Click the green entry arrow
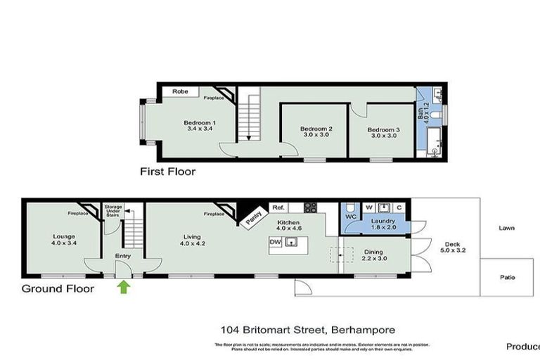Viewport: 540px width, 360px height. pyautogui.click(x=124, y=286)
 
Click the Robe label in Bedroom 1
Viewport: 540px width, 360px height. pyautogui.click(x=181, y=91)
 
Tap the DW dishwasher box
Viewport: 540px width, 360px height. pyautogui.click(x=275, y=242)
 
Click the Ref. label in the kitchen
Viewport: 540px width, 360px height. pyautogui.click(x=278, y=207)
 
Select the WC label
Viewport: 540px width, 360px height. pyautogui.click(x=352, y=218)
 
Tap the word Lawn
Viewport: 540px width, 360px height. pyautogui.click(x=507, y=228)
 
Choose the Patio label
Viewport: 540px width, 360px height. pyautogui.click(x=507, y=277)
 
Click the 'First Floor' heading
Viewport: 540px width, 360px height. pyautogui.click(x=167, y=172)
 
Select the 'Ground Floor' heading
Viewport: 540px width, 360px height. pyautogui.click(x=57, y=288)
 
